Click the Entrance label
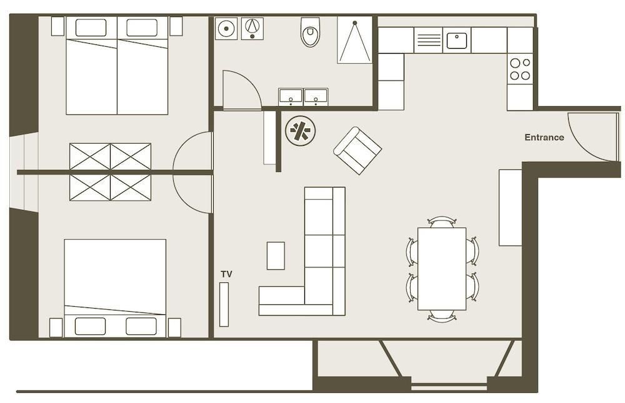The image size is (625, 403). [x=544, y=137]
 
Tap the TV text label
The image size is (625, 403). [x=226, y=274]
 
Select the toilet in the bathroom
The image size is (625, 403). [x=310, y=32]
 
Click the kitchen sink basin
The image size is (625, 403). [x=456, y=41]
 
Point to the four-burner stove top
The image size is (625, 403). [x=520, y=69]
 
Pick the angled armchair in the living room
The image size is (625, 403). [x=357, y=151]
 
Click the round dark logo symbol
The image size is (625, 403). [x=301, y=131]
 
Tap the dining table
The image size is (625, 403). [x=442, y=269]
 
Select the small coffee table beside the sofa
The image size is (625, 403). [x=276, y=256]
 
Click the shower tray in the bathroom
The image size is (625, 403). [x=355, y=40]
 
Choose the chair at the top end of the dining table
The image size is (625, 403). [x=442, y=222]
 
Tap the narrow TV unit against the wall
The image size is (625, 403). [x=224, y=304]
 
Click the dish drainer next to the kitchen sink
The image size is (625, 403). [x=429, y=40]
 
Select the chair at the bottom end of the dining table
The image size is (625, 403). [x=442, y=316]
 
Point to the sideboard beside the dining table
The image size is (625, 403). [x=511, y=207]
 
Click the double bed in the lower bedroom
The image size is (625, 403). [x=115, y=288]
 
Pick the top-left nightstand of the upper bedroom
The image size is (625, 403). [x=57, y=26]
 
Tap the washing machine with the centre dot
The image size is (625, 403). [x=226, y=29]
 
